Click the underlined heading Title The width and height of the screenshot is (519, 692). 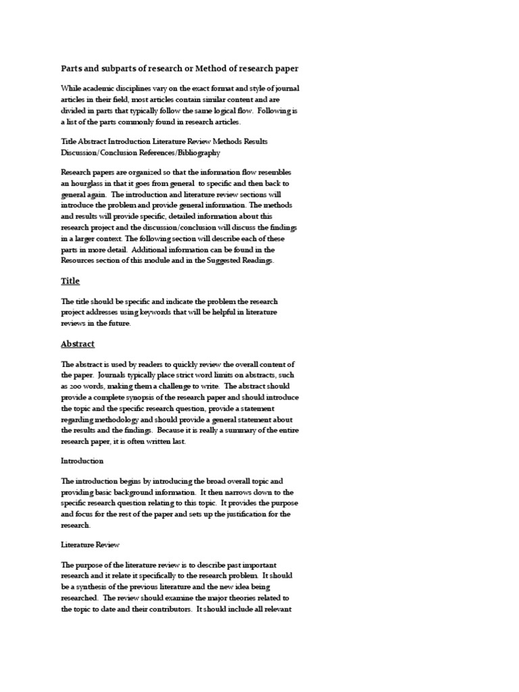tap(70, 280)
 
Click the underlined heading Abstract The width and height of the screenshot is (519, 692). tap(78, 343)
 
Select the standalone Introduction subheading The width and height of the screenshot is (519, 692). tap(82, 460)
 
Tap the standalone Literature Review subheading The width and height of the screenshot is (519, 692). tap(91, 543)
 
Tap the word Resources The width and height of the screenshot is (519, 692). tap(80, 259)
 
